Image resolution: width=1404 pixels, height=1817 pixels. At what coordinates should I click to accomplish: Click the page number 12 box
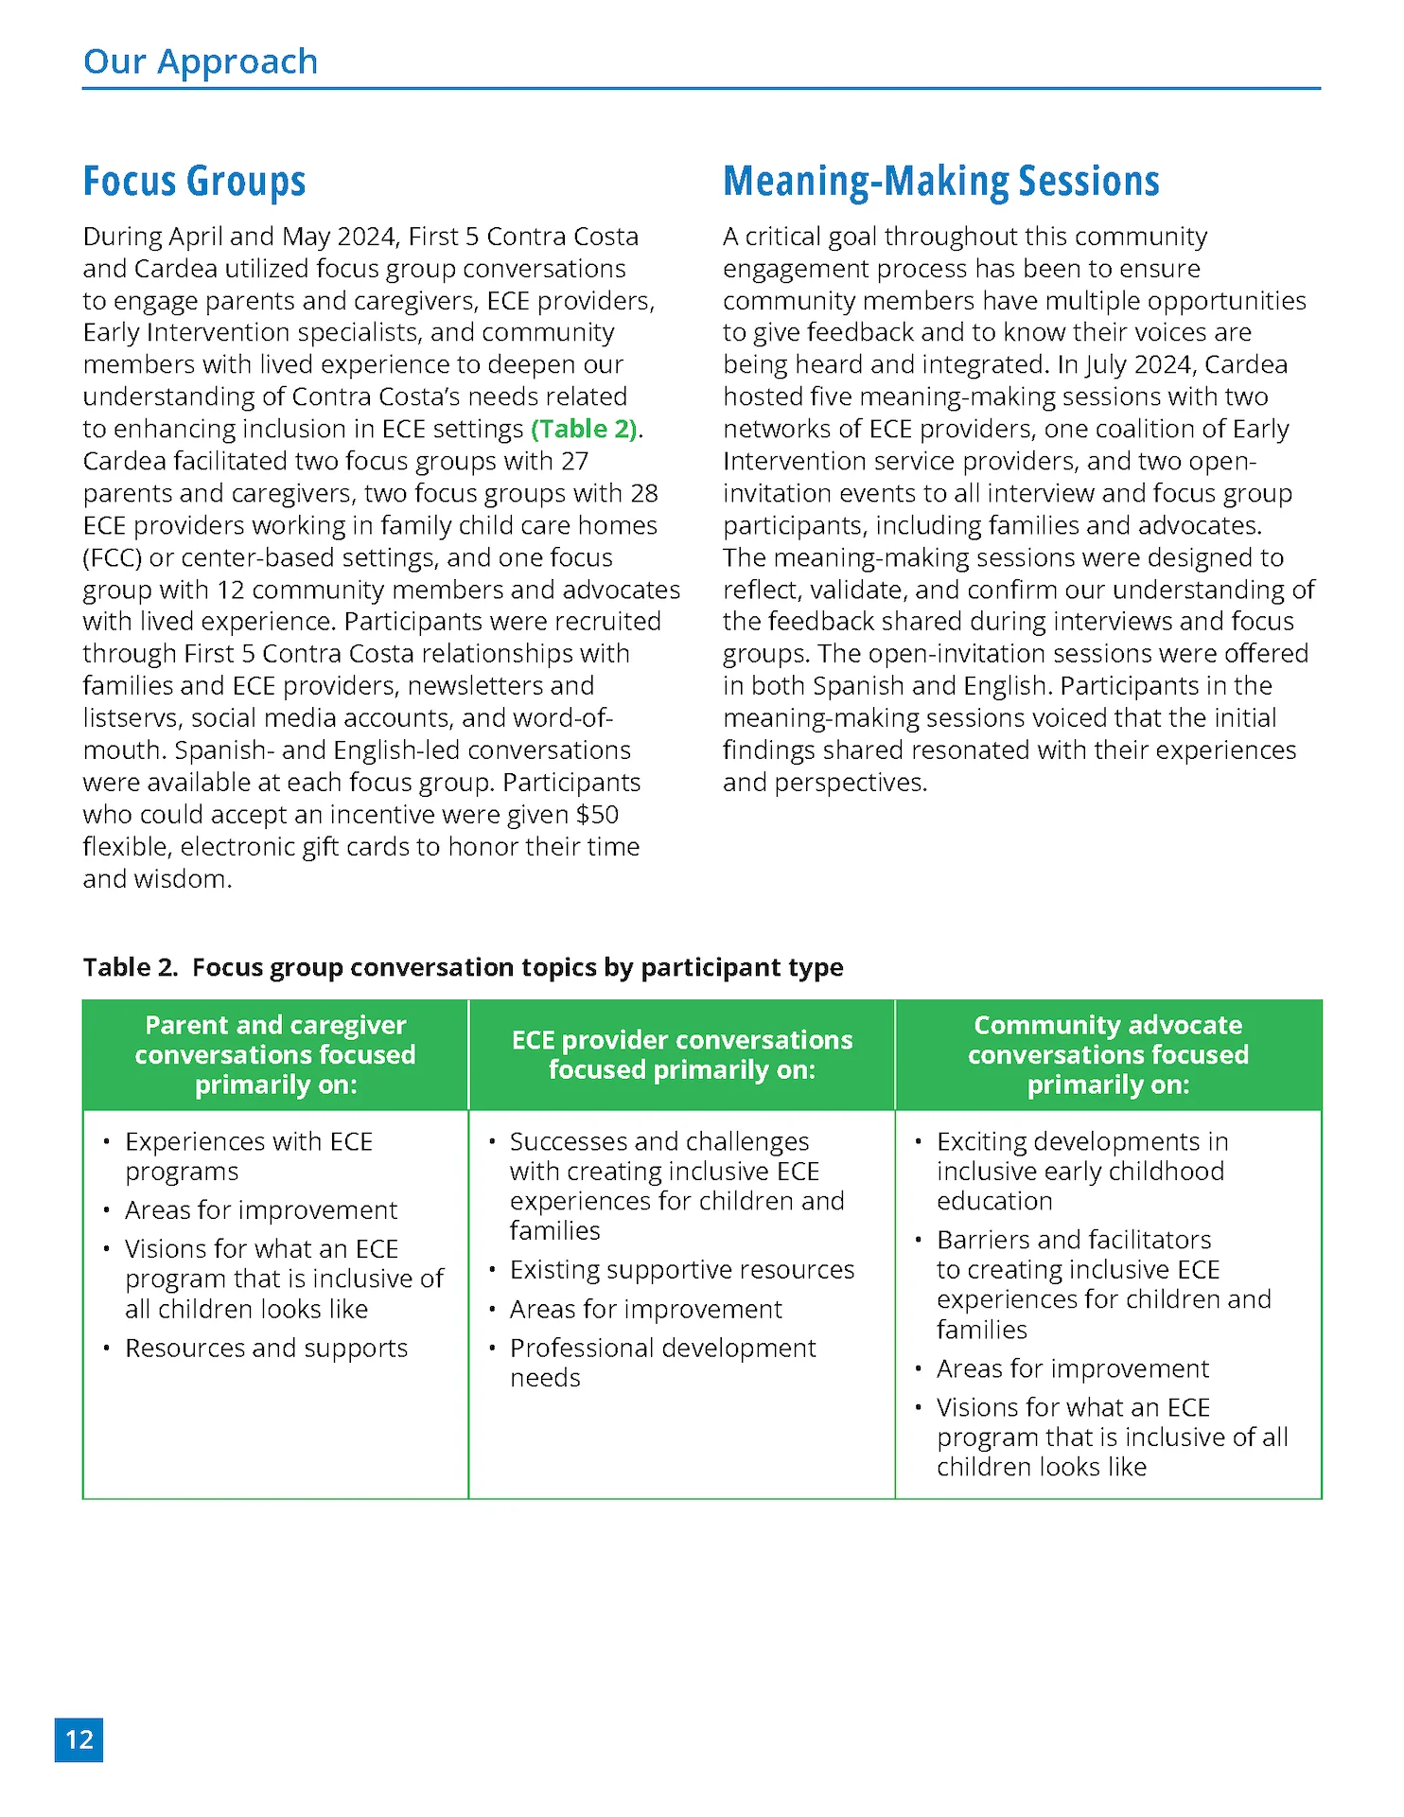[x=79, y=1739]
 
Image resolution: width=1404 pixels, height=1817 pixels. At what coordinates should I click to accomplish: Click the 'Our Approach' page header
[x=201, y=62]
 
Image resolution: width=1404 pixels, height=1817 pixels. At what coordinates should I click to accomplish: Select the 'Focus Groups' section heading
[x=194, y=181]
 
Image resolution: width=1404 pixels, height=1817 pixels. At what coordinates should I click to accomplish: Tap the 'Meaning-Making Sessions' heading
[x=940, y=181]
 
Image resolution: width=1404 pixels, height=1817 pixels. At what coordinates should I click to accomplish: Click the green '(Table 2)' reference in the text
[x=584, y=429]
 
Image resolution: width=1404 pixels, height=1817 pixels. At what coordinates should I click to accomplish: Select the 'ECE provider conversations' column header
[x=681, y=1054]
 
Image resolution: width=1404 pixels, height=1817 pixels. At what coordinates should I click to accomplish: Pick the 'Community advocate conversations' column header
[x=1108, y=1054]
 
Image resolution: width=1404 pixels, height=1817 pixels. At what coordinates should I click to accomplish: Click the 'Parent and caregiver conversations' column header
[x=275, y=1054]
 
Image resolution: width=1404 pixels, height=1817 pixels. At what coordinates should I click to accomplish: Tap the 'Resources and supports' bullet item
[x=266, y=1348]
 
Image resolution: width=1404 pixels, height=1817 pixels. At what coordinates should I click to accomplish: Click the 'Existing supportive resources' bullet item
[x=681, y=1269]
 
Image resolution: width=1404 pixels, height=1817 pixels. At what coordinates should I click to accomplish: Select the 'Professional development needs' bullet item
[x=662, y=1362]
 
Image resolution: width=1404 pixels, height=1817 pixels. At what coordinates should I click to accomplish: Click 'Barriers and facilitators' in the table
[x=1074, y=1240]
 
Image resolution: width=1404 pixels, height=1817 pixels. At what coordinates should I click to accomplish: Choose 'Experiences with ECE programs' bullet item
[x=248, y=1155]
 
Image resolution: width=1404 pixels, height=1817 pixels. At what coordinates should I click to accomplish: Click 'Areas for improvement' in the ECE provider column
[x=645, y=1309]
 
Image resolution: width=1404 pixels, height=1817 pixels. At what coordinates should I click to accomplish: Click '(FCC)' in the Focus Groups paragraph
[x=112, y=557]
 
